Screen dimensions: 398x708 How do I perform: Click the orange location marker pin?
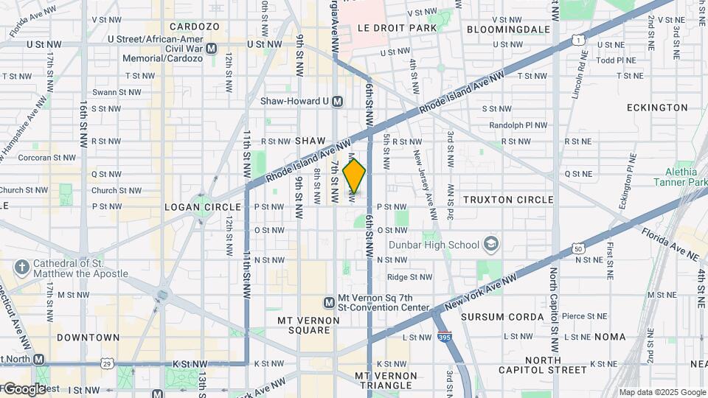pos(354,176)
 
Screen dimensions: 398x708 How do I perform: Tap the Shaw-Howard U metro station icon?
pos(338,101)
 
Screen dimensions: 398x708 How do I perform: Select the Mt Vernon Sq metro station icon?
pos(330,302)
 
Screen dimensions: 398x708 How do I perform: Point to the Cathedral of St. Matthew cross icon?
pos(23,266)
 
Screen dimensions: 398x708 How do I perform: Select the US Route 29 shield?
pos(108,363)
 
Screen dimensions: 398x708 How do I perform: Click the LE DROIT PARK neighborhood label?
pos(397,27)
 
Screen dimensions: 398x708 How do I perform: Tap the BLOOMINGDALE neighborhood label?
pos(508,29)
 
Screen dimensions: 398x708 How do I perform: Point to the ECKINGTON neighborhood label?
pos(657,108)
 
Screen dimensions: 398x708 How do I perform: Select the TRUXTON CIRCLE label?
pos(508,200)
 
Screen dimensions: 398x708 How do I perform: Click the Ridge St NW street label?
pos(409,277)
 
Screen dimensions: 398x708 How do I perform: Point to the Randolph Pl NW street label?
pos(518,125)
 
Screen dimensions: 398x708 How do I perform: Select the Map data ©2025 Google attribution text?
pos(662,392)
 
